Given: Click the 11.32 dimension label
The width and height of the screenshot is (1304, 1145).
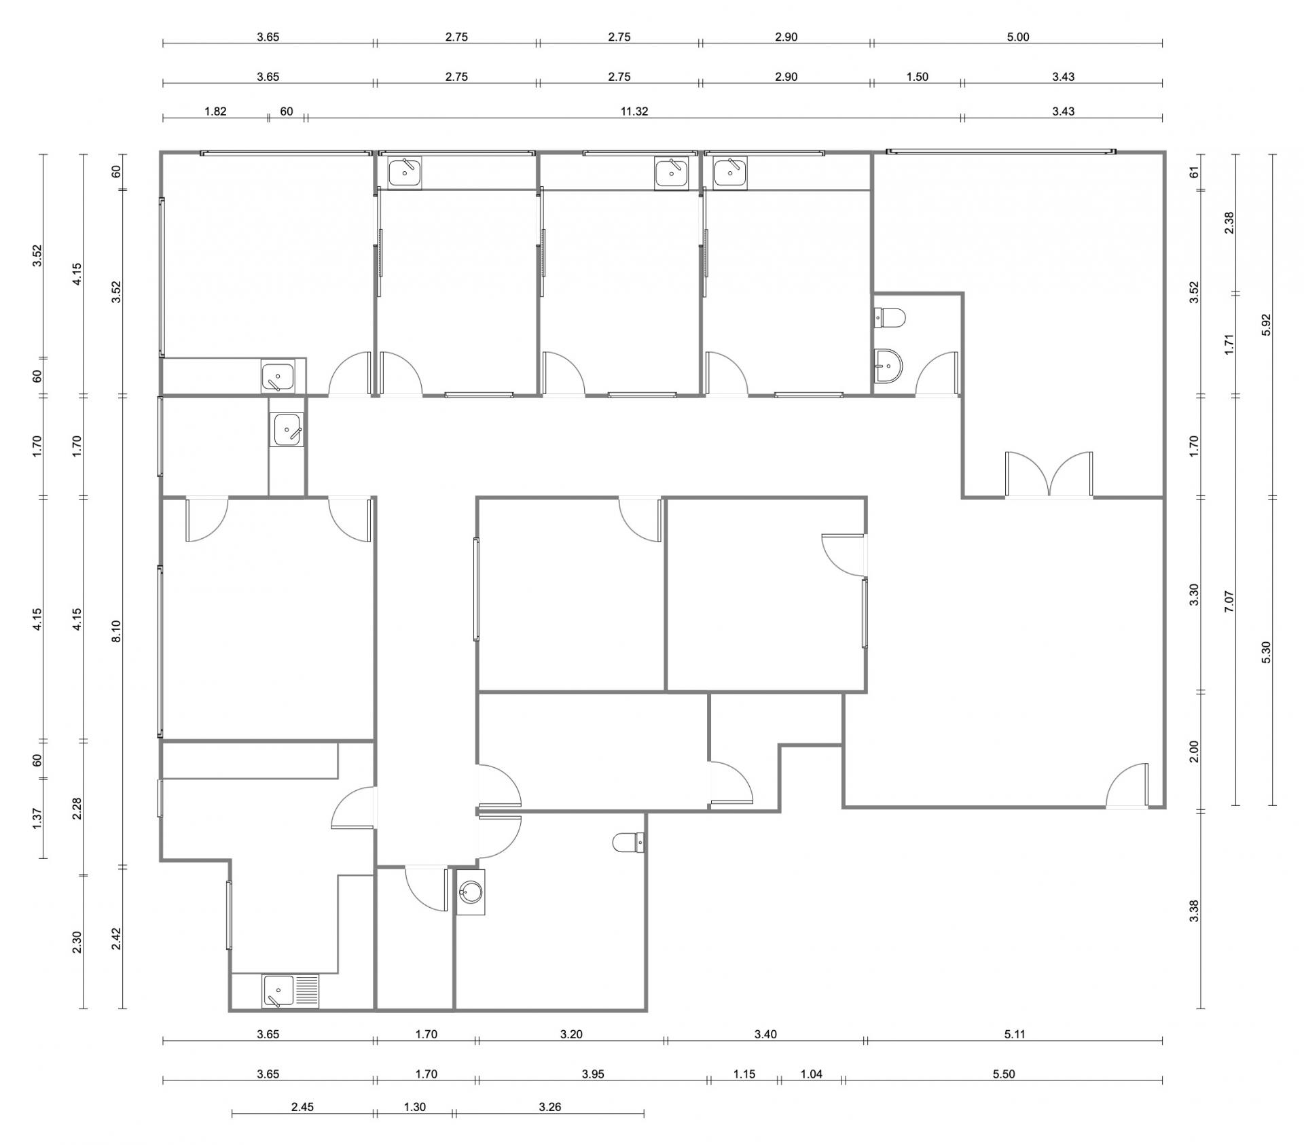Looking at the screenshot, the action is click(634, 111).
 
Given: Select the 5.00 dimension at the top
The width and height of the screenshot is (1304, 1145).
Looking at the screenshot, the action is click(1017, 37).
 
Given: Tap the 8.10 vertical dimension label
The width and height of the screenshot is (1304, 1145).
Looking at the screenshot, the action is click(116, 631).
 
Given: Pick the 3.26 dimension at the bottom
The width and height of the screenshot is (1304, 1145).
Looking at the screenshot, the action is click(549, 1107).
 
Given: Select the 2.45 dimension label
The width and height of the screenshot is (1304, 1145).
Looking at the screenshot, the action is click(302, 1107).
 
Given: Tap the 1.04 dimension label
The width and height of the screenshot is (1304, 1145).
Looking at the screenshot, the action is click(812, 1074).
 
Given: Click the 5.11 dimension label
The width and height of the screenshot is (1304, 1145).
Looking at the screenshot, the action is click(1014, 1034).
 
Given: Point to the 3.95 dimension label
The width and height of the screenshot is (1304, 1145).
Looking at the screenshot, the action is click(592, 1074).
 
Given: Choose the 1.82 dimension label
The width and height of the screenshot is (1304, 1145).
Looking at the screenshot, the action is click(215, 111).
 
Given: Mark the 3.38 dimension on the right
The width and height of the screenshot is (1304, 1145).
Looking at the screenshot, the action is click(1194, 911).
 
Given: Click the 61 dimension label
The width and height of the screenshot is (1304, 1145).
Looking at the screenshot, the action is click(1194, 171).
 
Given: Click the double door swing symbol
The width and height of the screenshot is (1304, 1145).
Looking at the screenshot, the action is click(1049, 475).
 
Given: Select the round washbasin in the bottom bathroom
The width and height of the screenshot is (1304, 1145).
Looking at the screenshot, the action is click(470, 892).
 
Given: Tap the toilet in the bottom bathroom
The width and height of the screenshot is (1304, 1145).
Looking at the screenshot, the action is click(628, 843).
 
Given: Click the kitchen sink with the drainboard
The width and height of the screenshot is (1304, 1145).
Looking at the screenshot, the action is click(290, 991).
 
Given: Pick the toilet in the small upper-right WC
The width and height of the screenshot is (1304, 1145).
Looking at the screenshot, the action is click(890, 317).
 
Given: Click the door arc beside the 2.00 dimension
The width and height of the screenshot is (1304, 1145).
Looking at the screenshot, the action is click(1127, 786).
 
